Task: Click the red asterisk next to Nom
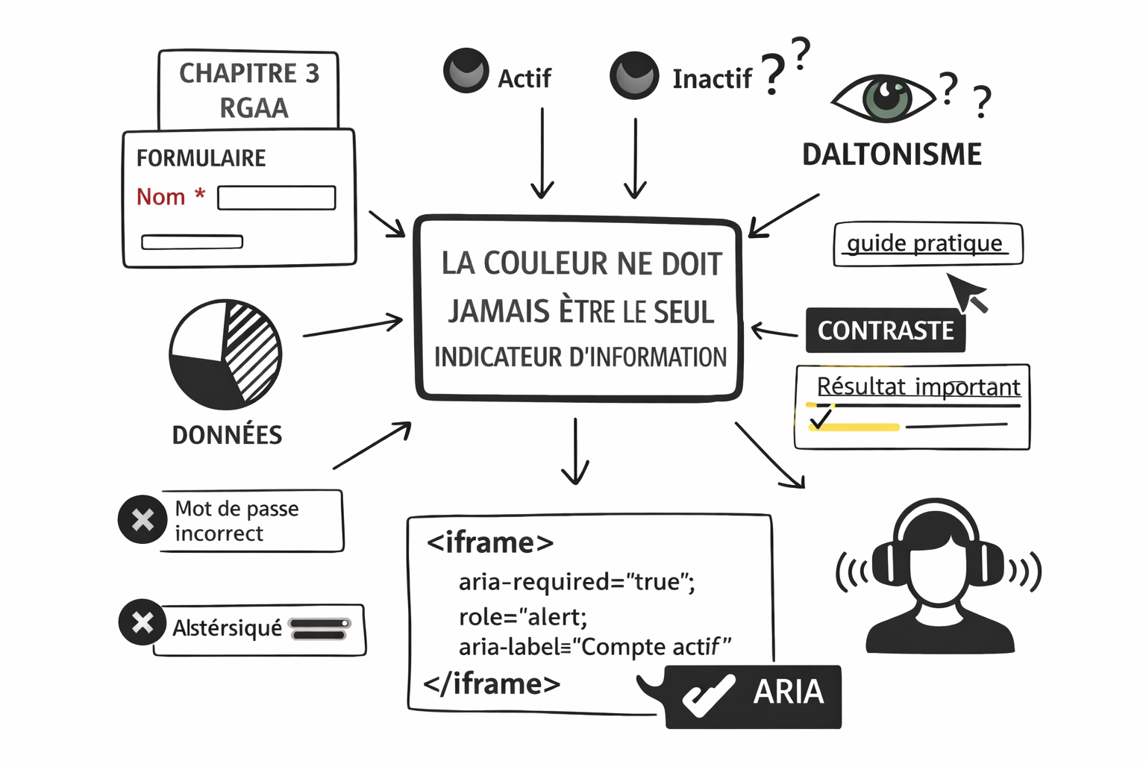pyautogui.click(x=199, y=195)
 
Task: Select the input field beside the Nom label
pyautogui.click(x=276, y=198)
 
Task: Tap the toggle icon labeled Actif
pyautogui.click(x=466, y=71)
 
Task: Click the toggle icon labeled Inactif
pyautogui.click(x=634, y=75)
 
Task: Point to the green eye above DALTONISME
pyautogui.click(x=886, y=98)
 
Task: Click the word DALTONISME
pyautogui.click(x=892, y=154)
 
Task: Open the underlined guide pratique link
pyautogui.click(x=924, y=243)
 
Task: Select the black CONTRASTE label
pyautogui.click(x=885, y=330)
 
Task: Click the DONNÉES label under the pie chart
pyautogui.click(x=227, y=435)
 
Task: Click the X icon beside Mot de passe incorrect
pyautogui.click(x=143, y=519)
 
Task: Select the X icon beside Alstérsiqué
pyautogui.click(x=143, y=622)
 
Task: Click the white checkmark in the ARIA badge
pyautogui.click(x=707, y=695)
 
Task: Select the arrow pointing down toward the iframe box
pyautogui.click(x=575, y=451)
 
